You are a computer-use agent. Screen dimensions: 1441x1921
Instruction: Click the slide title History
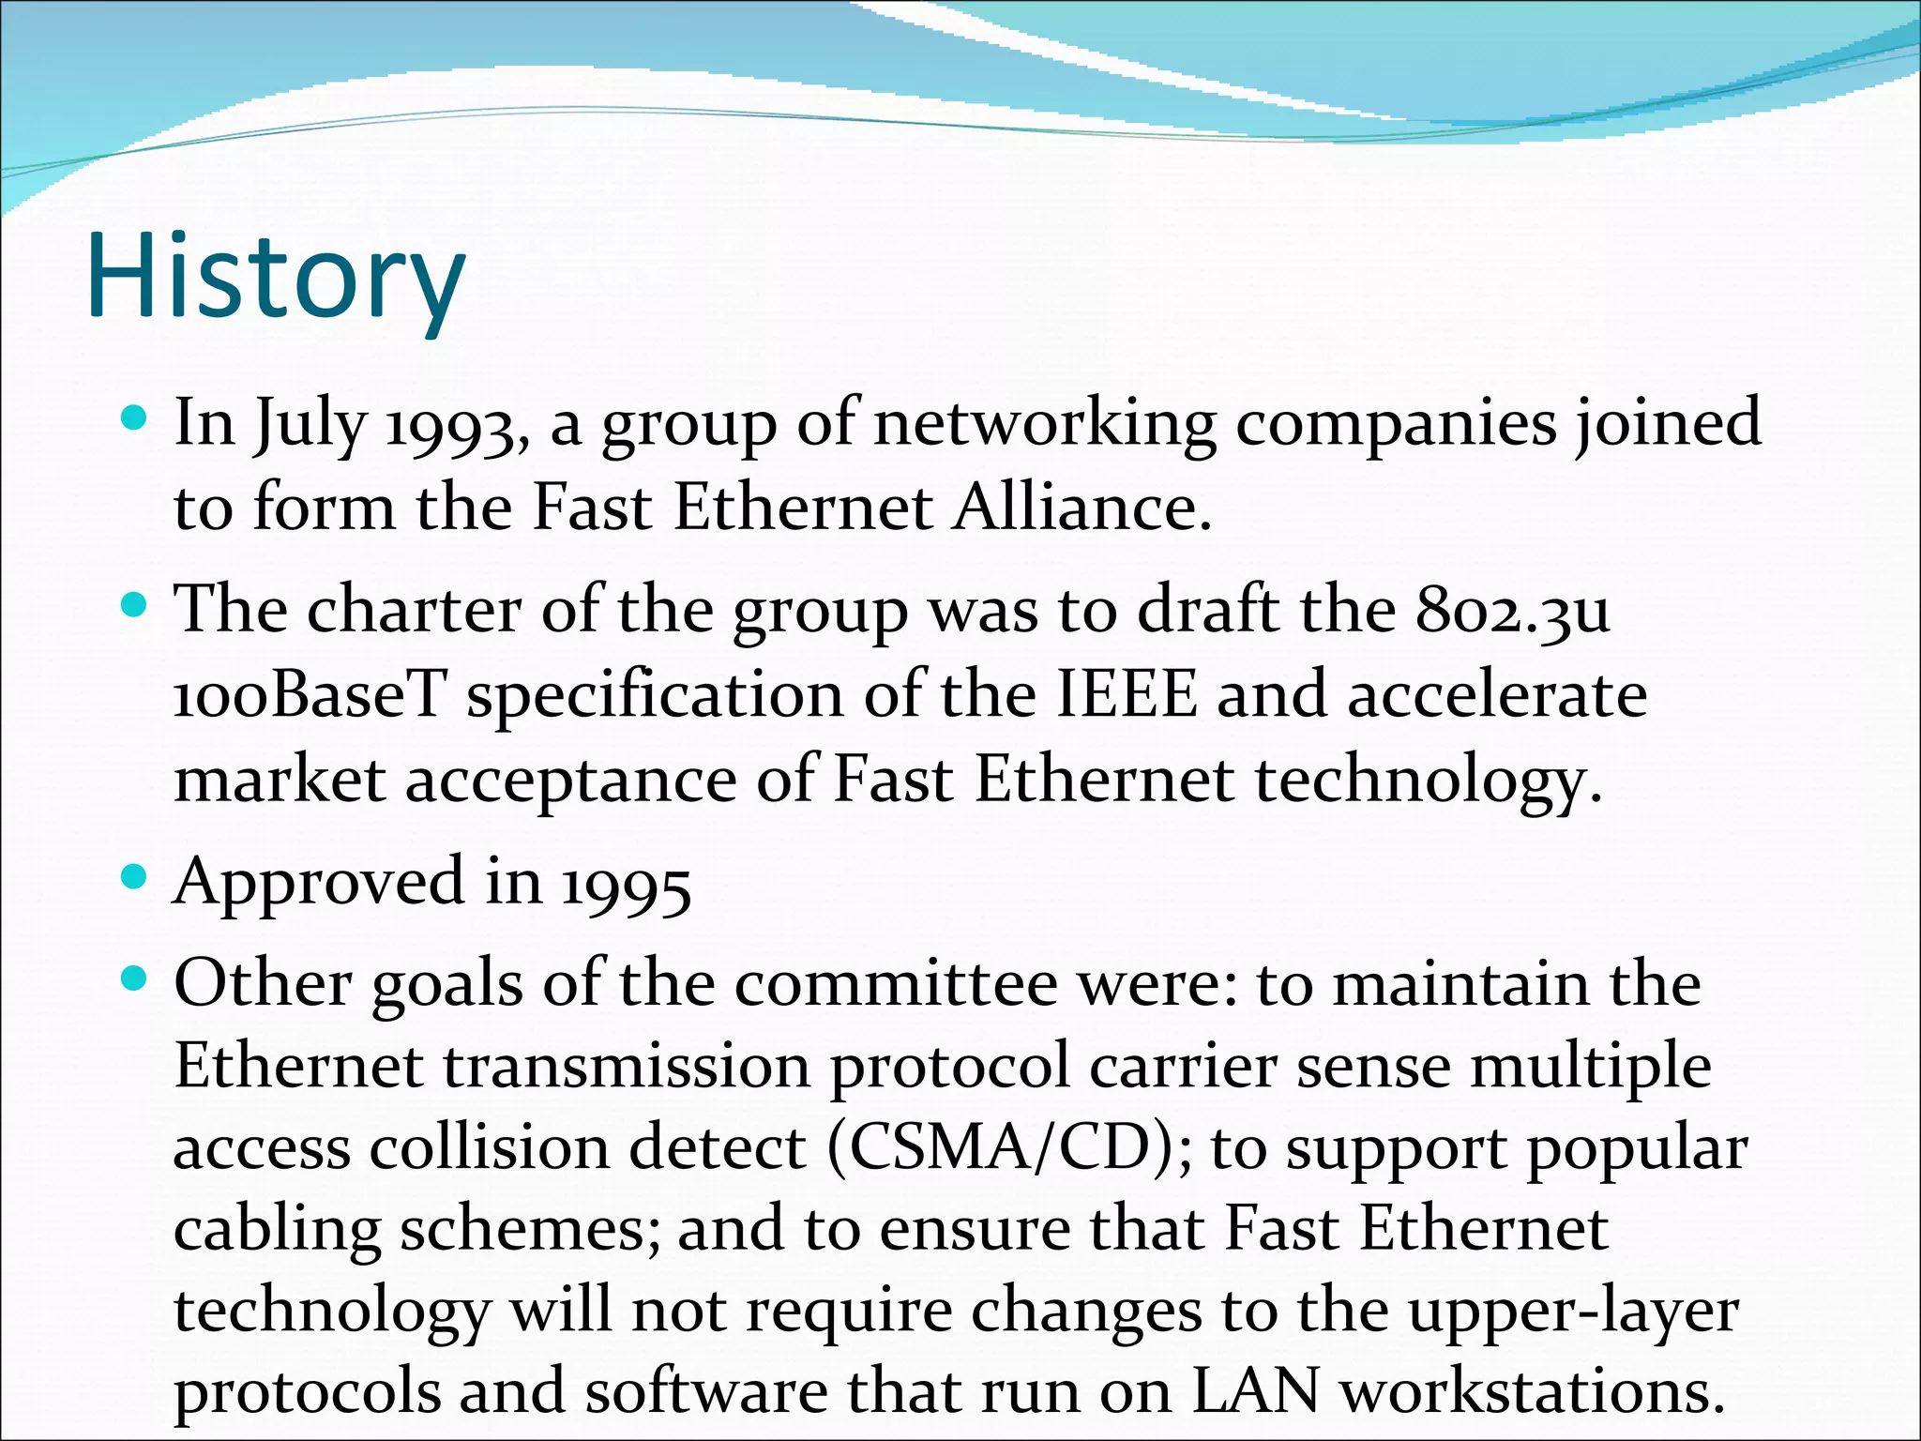click(x=276, y=277)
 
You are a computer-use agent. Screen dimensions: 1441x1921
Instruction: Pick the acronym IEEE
click(x=1127, y=696)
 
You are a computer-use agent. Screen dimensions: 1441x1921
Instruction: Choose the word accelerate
click(x=1497, y=696)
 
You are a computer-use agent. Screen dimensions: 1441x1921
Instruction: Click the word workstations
click(x=1532, y=1391)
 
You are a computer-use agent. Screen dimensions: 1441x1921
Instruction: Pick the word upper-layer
click(x=1574, y=1312)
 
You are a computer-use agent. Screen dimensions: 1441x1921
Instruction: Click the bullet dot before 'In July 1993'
click(x=135, y=417)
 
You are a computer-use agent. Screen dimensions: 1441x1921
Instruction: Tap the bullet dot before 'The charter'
click(x=135, y=606)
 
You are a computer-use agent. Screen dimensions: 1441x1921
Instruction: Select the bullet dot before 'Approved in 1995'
click(x=135, y=878)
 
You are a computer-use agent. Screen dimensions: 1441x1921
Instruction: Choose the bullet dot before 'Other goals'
click(x=135, y=980)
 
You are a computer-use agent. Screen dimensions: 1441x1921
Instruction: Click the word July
click(x=309, y=425)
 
